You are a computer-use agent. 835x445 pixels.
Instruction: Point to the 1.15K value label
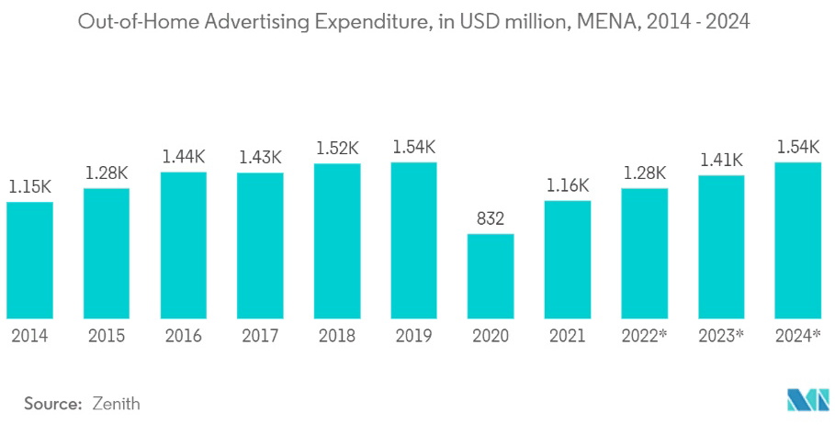[29, 185]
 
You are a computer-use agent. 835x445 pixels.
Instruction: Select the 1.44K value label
[183, 156]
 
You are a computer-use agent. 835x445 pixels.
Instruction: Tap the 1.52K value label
[337, 147]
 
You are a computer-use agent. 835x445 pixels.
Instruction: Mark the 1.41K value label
[721, 159]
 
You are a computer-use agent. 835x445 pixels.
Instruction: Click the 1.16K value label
[567, 184]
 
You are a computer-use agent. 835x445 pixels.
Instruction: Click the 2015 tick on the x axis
[107, 336]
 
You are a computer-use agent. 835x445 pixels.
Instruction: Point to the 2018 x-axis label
[337, 336]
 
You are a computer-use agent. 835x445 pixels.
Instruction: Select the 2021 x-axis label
[567, 336]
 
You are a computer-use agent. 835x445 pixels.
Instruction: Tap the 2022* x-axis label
[644, 336]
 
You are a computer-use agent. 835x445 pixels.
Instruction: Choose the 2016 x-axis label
[183, 336]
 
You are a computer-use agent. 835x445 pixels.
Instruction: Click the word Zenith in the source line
[116, 403]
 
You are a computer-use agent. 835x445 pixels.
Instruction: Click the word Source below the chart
[53, 403]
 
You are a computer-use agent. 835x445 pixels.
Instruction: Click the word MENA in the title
[602, 22]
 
